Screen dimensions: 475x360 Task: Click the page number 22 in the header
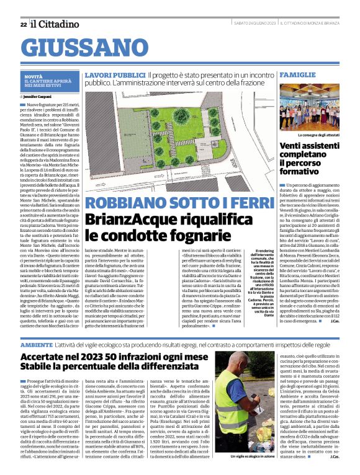(23, 24)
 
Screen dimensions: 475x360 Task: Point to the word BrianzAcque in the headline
(127, 219)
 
